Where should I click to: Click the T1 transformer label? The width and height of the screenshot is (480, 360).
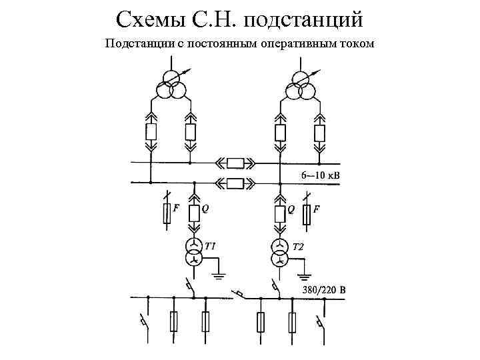coord(210,247)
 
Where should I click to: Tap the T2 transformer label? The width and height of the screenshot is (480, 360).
coord(298,247)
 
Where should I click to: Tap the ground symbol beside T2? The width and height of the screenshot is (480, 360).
coord(305,273)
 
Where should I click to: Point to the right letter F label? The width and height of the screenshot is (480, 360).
coord(316,209)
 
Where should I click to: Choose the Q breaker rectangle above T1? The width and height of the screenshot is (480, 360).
coord(193,214)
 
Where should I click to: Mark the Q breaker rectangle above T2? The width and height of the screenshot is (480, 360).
coord(279,214)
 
